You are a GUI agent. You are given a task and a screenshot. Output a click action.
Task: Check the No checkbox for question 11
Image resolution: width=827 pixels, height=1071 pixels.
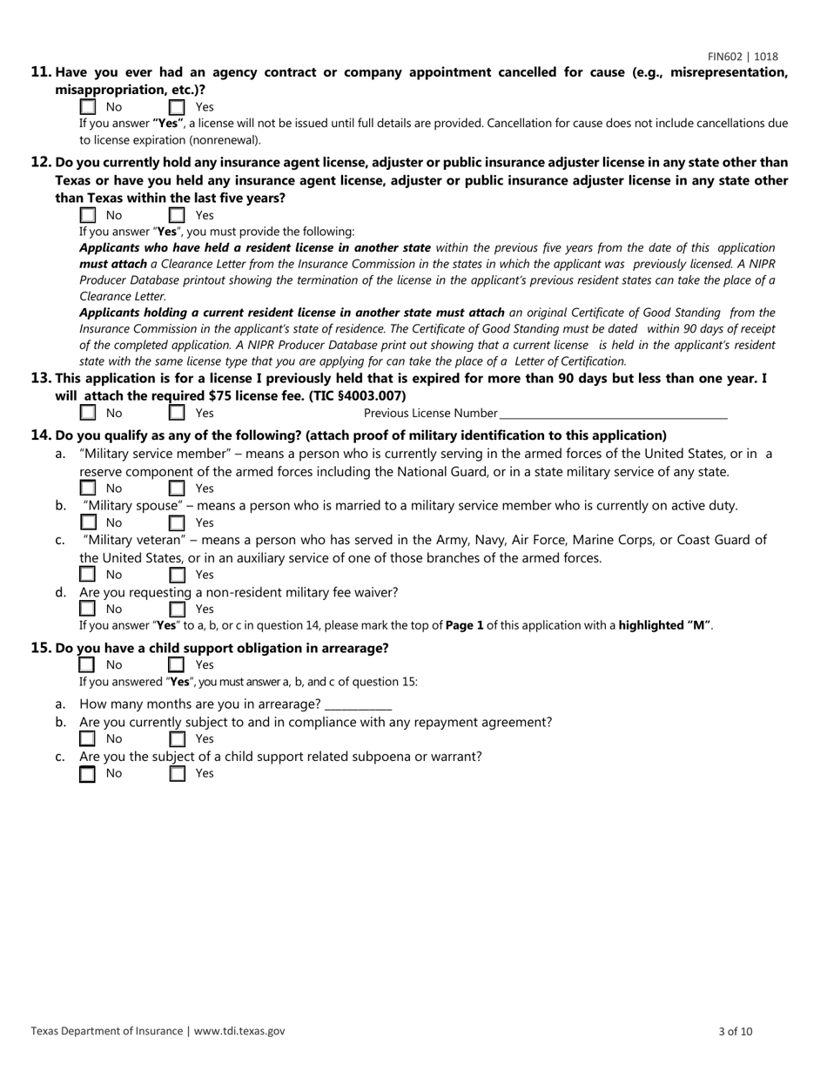point(88,108)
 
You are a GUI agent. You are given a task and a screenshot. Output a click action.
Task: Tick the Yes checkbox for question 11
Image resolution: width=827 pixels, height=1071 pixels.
point(177,108)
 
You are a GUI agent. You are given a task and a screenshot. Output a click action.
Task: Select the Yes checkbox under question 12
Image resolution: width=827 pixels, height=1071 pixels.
point(177,215)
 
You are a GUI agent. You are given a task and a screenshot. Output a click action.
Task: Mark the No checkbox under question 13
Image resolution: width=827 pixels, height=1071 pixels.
point(88,413)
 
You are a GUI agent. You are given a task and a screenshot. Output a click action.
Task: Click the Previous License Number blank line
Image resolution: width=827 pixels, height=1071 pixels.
point(614,414)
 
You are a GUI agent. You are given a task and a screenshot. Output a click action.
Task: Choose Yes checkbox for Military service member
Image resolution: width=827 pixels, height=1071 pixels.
point(177,488)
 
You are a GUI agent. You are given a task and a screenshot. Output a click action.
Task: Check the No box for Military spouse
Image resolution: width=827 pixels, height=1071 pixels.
point(88,522)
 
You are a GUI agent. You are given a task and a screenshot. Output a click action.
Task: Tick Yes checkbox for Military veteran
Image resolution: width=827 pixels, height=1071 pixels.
point(177,575)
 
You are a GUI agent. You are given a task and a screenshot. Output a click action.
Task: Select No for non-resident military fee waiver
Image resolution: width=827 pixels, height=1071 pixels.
point(88,609)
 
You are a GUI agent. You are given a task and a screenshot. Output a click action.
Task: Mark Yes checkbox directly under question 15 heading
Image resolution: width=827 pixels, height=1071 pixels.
point(177,665)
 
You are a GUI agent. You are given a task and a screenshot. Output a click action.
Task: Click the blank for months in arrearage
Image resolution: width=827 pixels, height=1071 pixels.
point(358,704)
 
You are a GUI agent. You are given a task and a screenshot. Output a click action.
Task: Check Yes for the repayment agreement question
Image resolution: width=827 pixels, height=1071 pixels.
point(177,739)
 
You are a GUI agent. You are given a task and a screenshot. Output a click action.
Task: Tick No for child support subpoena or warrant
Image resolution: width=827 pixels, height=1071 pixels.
point(88,773)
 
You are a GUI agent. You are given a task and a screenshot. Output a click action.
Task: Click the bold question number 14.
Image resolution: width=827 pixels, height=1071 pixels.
point(41,435)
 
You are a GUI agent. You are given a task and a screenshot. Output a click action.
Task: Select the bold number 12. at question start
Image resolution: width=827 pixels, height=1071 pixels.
point(41,162)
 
